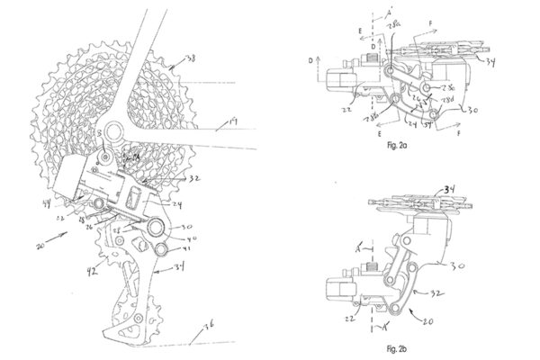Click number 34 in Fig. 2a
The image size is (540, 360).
(x=490, y=63)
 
